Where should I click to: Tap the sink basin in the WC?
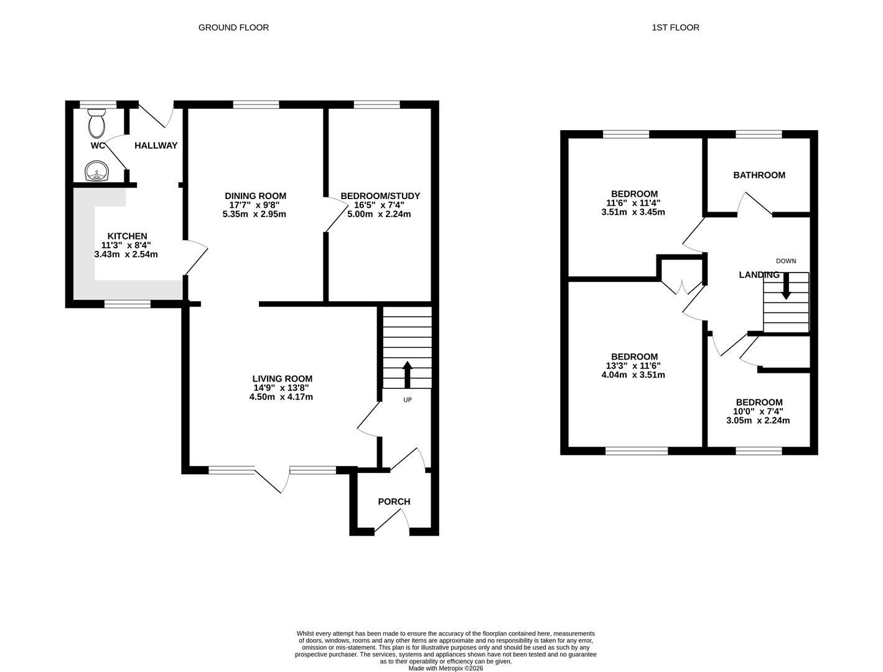tap(95, 170)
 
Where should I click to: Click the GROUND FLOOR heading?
tap(233, 27)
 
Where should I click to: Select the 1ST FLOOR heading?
tap(675, 27)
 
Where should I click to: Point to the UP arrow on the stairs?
tap(408, 373)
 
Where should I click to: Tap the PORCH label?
tap(394, 502)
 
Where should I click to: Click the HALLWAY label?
tap(156, 146)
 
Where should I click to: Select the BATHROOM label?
tap(759, 175)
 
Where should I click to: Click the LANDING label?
tap(759, 275)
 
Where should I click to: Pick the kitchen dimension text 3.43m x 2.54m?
tap(126, 254)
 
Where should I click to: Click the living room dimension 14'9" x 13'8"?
tap(281, 388)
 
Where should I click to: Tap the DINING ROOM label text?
tap(255, 196)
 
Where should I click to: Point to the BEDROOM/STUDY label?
tap(380, 196)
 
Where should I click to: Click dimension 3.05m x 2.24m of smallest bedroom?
tap(758, 421)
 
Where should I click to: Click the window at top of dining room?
tap(256, 105)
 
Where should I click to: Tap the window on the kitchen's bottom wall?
tap(127, 304)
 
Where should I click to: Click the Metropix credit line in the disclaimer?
tap(446, 668)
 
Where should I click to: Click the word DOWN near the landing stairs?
tap(785, 261)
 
